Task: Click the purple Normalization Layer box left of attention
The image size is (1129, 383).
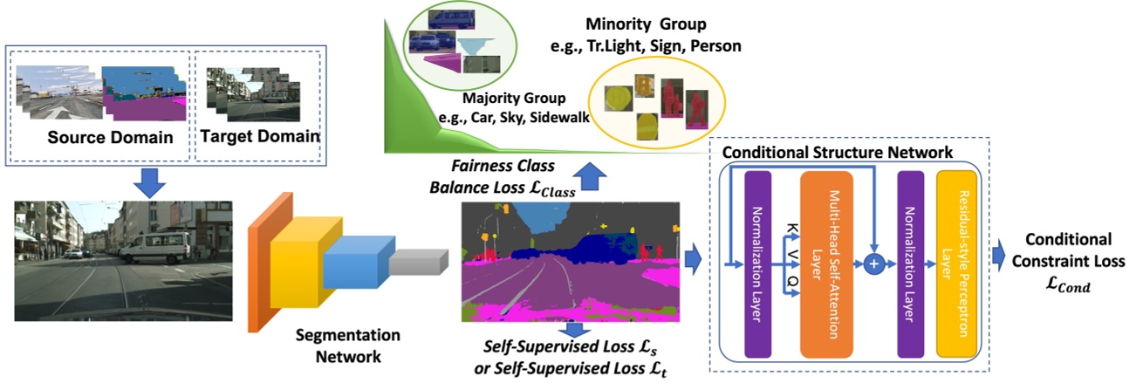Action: [757, 263]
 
